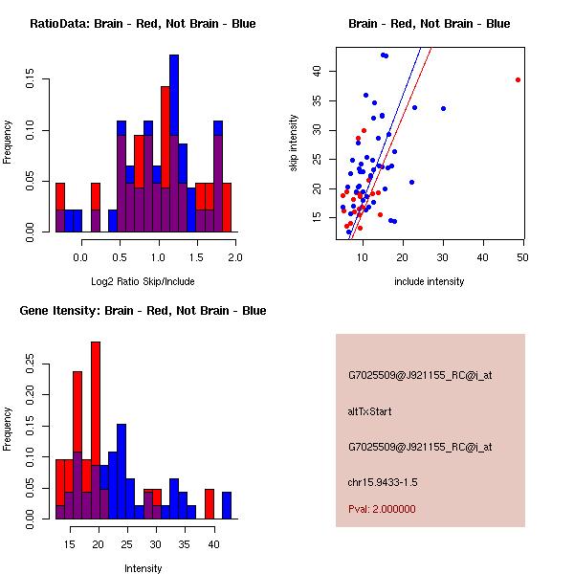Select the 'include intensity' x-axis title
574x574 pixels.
click(430, 281)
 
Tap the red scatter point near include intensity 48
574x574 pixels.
click(518, 79)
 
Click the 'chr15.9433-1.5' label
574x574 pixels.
click(383, 481)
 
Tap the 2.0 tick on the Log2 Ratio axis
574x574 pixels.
click(235, 257)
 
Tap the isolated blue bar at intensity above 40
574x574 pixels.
click(227, 505)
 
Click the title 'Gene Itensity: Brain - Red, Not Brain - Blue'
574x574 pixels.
click(143, 311)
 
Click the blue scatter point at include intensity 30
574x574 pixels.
click(443, 108)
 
